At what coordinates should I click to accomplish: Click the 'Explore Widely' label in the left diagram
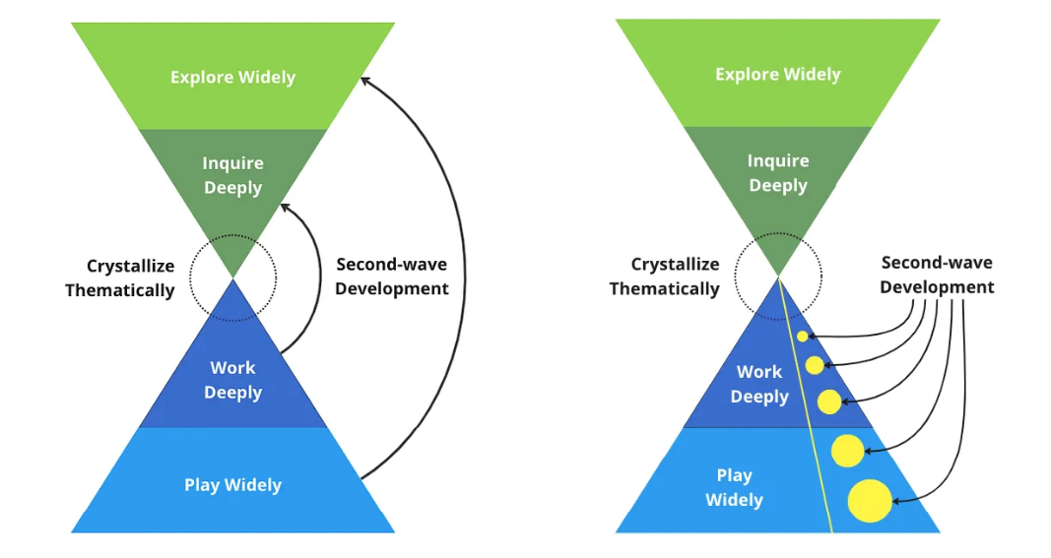[x=232, y=78]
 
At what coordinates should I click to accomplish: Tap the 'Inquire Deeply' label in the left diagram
[x=232, y=175]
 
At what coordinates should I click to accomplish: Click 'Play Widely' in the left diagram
[x=232, y=485]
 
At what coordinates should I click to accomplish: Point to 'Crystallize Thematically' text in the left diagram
[x=120, y=278]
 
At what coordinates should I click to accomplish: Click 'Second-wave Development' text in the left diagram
[x=391, y=277]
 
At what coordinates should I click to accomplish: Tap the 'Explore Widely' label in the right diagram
[x=777, y=75]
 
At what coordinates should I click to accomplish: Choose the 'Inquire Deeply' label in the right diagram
[x=777, y=173]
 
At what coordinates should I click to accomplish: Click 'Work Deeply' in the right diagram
[x=759, y=384]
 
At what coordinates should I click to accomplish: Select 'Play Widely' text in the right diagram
[x=734, y=487]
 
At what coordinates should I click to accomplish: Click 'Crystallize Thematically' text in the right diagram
[x=665, y=277]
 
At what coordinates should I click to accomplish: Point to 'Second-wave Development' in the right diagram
[x=937, y=275]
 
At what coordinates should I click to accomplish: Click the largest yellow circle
[x=870, y=500]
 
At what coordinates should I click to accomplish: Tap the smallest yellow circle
[x=803, y=337]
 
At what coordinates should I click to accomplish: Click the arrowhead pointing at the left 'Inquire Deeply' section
[x=285, y=207]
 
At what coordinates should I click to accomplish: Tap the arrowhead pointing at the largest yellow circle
[x=895, y=502]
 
